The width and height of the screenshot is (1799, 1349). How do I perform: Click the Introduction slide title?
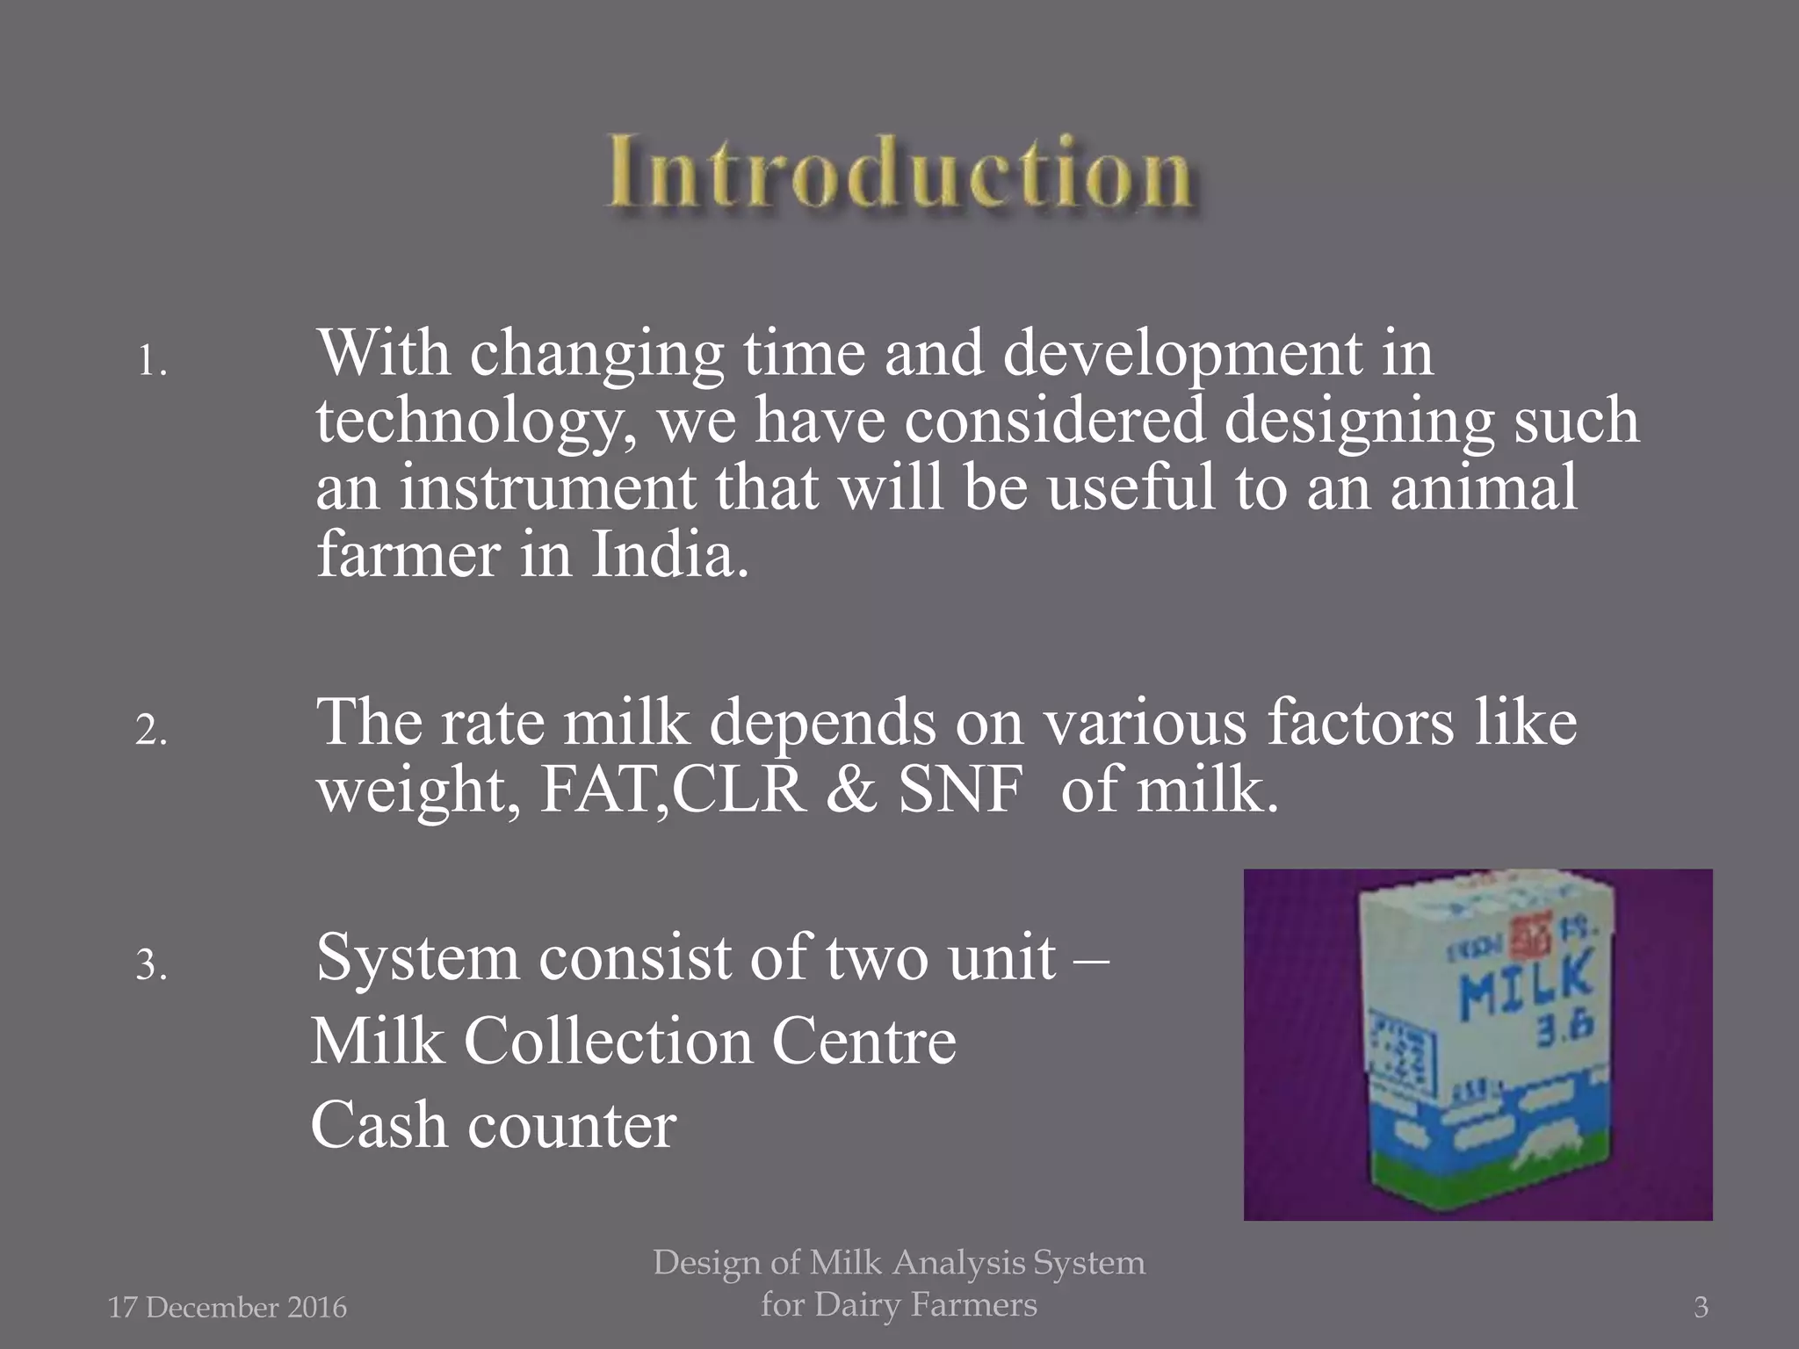point(899,172)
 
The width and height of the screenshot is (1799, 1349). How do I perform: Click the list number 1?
point(151,361)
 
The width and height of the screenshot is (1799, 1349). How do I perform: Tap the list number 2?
point(151,730)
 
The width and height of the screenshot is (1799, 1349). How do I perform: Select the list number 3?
point(151,964)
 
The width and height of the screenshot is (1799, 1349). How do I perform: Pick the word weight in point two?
point(417,790)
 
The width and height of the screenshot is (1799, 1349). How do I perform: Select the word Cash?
point(379,1126)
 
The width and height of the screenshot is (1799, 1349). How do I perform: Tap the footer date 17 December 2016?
point(228,1308)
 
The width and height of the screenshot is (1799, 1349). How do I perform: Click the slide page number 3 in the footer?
point(1701,1308)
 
